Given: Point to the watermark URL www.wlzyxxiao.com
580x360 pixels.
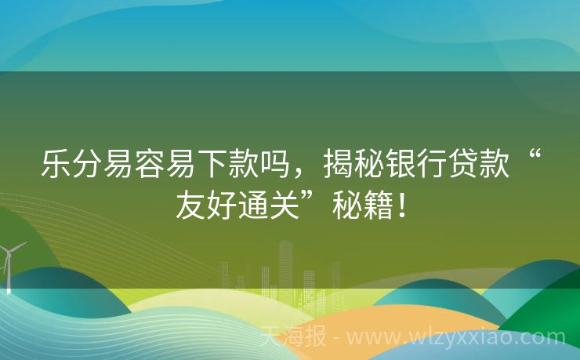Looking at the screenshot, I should pyautogui.click(x=455, y=339).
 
